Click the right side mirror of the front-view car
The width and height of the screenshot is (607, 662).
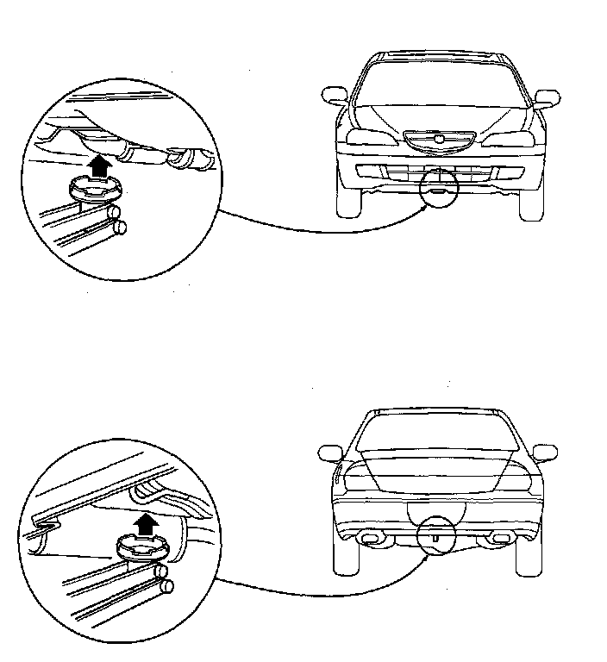point(547,96)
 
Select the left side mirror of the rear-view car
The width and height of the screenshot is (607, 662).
point(330,453)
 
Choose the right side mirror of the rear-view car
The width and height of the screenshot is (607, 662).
point(545,452)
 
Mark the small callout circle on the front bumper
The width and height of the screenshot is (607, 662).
point(439,189)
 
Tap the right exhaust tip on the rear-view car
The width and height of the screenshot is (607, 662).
point(498,539)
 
